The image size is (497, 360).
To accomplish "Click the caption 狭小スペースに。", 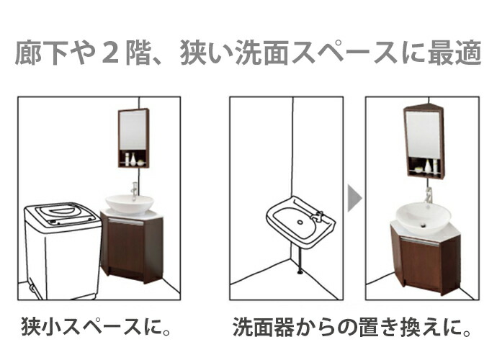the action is pyautogui.click(x=96, y=327).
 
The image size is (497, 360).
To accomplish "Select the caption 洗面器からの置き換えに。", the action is pyautogui.click(x=352, y=327).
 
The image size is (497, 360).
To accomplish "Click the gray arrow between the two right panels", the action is pyautogui.click(x=354, y=199).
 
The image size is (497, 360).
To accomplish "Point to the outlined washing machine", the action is pyautogui.click(x=63, y=251).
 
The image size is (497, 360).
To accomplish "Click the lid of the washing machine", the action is pyautogui.click(x=63, y=213).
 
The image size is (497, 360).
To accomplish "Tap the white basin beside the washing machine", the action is pyautogui.click(x=130, y=204).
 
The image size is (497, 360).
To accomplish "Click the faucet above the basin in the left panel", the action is pyautogui.click(x=135, y=191).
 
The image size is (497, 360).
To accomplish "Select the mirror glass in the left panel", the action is pyautogui.click(x=133, y=130).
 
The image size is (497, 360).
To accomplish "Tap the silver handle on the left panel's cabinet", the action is pyautogui.click(x=125, y=222).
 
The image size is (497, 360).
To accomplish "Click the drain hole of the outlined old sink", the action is pyautogui.click(x=300, y=222).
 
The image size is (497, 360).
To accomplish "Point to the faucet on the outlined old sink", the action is pyautogui.click(x=318, y=216).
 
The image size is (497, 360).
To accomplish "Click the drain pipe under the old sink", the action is pyautogui.click(x=299, y=260).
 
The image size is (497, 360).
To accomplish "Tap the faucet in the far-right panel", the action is pyautogui.click(x=429, y=196).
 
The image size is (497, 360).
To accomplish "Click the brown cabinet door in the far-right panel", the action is pyautogui.click(x=420, y=264).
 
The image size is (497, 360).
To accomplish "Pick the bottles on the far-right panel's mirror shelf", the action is pyautogui.click(x=427, y=166).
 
